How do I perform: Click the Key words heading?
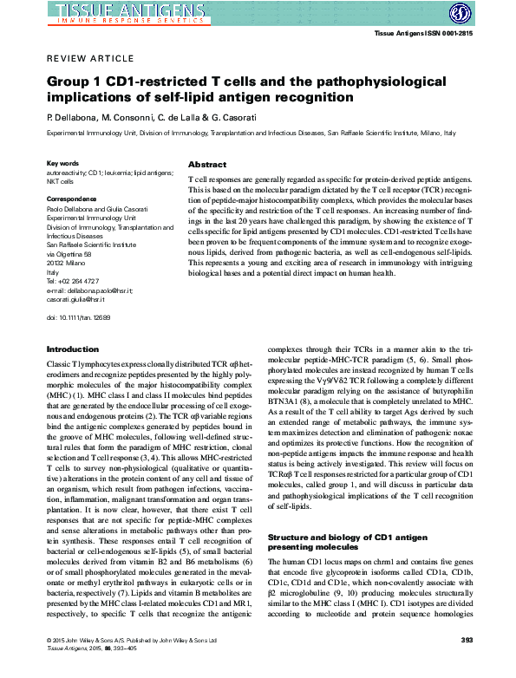tap(63, 163)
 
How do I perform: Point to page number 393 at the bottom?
tap(466, 665)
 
